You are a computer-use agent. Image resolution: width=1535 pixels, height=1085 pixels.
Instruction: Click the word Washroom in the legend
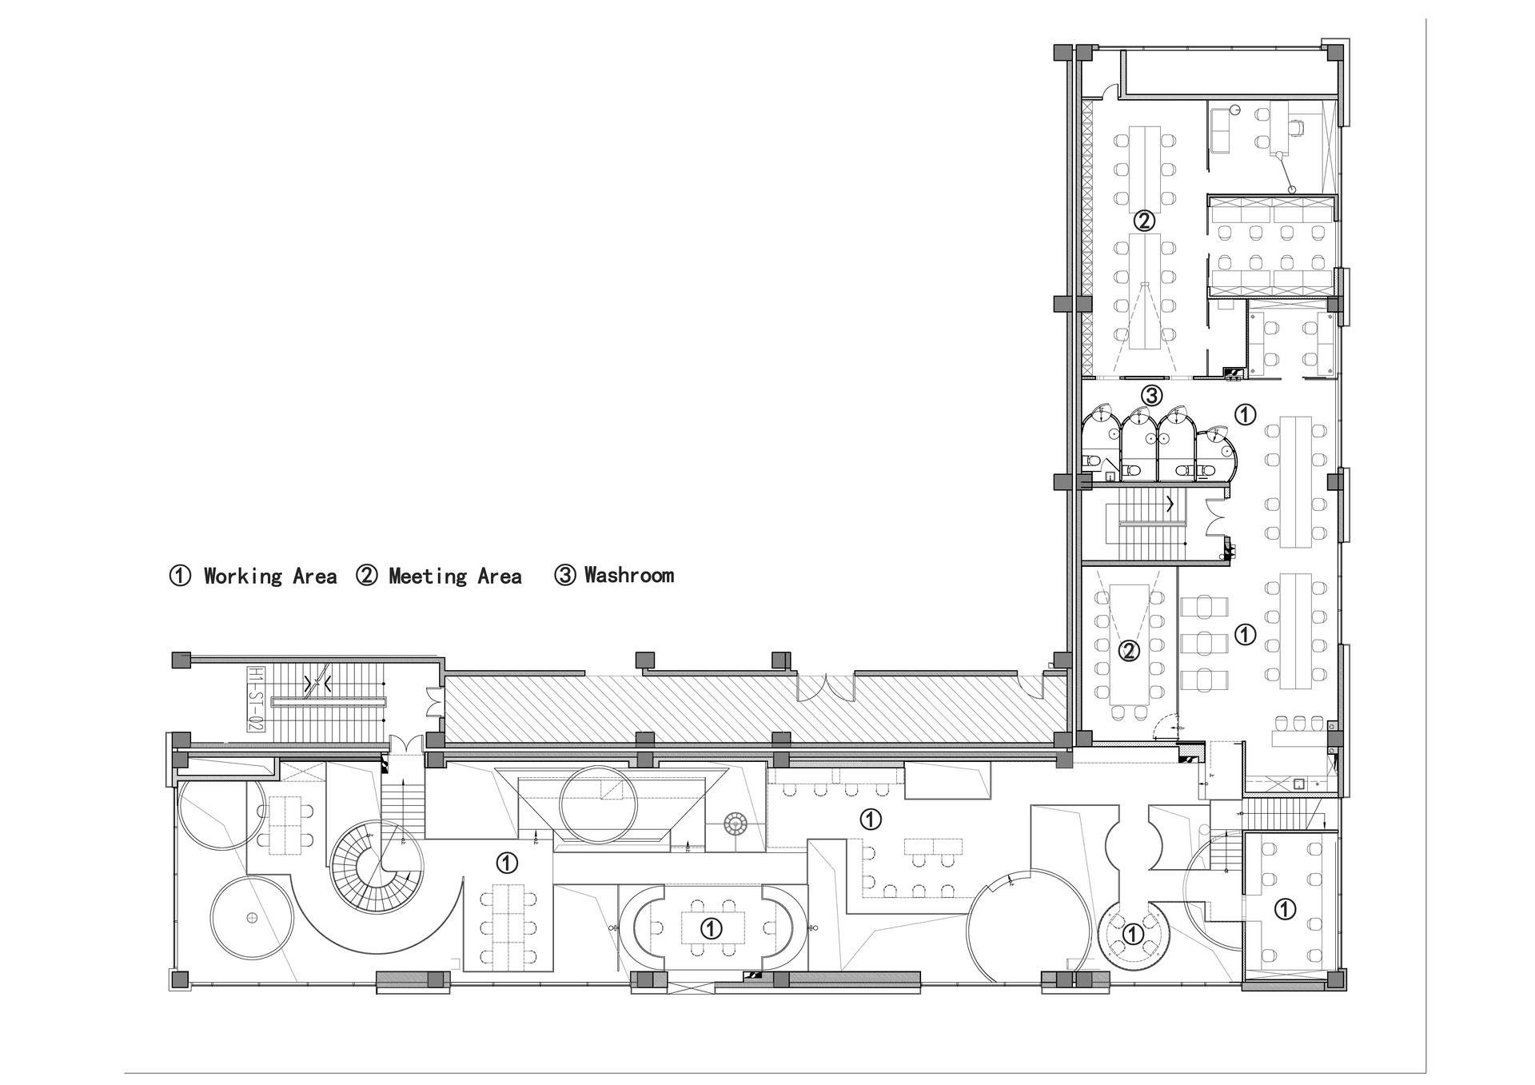click(x=629, y=575)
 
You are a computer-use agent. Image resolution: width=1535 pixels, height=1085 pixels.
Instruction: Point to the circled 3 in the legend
click(x=565, y=575)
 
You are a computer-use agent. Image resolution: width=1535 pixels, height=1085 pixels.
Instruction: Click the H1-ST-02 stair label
click(x=256, y=700)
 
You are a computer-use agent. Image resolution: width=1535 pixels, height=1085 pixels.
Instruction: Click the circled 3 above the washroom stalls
click(x=1151, y=395)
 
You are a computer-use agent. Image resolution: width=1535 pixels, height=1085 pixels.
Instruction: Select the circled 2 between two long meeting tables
click(x=1145, y=220)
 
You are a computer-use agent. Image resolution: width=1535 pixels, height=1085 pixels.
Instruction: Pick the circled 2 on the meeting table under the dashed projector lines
click(x=1129, y=652)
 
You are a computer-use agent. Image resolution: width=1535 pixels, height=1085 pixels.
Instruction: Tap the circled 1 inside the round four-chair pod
click(x=1132, y=934)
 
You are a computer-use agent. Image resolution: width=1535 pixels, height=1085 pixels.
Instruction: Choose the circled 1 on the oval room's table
click(x=710, y=928)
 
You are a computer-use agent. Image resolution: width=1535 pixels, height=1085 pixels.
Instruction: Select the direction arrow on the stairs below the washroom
click(x=1170, y=505)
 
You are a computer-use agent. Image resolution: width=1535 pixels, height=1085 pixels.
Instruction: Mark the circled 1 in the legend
click(x=181, y=576)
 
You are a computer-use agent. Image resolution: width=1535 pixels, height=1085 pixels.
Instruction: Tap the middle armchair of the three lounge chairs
click(x=1204, y=643)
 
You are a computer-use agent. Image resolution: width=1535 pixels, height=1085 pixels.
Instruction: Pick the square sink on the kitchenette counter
click(x=1299, y=784)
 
